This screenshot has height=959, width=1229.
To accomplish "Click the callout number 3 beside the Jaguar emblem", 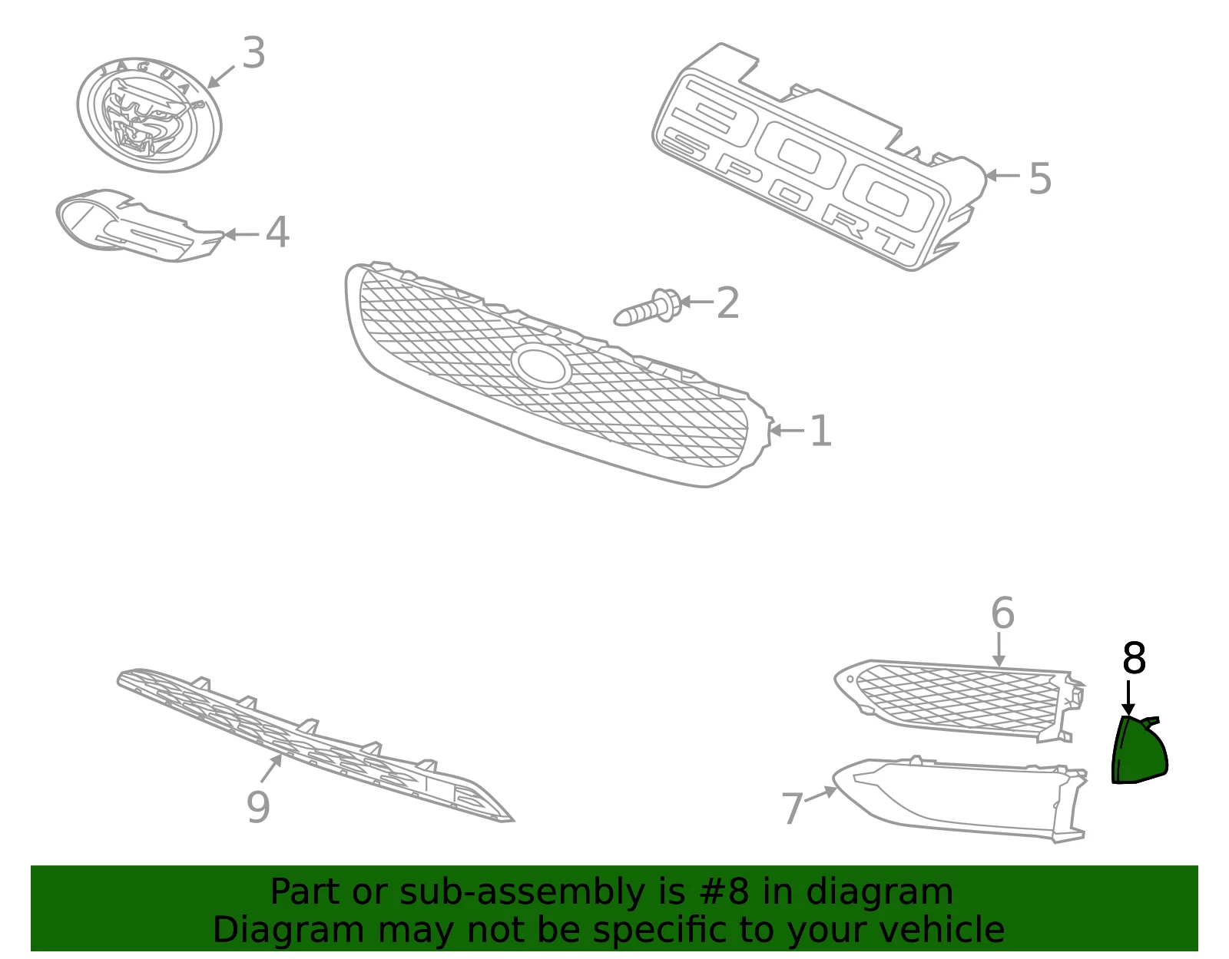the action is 253,52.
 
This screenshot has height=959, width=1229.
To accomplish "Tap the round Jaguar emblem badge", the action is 149,114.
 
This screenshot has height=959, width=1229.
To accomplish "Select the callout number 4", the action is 278,232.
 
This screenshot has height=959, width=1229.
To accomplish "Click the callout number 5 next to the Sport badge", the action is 1039,179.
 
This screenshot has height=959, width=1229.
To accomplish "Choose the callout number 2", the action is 728,303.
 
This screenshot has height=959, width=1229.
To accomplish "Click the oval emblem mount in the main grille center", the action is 539,365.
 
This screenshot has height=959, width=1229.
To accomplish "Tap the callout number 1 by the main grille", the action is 821,431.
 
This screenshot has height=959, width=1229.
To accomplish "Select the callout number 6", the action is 1002,613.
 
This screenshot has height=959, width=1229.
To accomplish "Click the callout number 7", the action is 792,808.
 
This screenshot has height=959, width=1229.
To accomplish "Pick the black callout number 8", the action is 1134,658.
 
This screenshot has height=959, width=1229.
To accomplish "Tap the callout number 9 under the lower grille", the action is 258,807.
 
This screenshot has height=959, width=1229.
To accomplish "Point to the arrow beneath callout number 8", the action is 1128,698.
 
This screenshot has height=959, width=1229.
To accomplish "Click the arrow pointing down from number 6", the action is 999,650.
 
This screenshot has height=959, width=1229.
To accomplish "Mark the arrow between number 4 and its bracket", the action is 241,234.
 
